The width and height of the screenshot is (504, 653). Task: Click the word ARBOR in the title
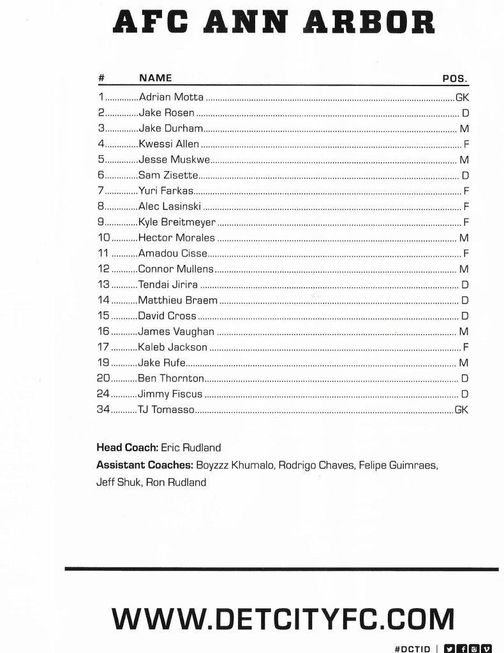tap(369, 22)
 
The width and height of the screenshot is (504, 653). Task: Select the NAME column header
tap(156, 78)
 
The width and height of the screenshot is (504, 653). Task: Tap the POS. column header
tap(455, 79)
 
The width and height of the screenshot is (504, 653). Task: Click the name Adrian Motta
tap(171, 98)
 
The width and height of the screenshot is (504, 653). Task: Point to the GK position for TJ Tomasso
tap(461, 410)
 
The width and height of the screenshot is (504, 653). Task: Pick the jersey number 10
tap(103, 238)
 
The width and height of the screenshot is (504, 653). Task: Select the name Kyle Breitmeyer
tap(177, 223)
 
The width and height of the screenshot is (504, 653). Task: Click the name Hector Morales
tap(177, 238)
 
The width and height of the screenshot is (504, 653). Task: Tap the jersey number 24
tap(103, 394)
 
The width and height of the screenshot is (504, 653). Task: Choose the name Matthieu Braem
tap(177, 300)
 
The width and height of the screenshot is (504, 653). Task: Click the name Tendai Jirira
tap(168, 285)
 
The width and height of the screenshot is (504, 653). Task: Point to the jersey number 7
tap(101, 191)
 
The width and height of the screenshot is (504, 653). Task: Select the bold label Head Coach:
tap(127, 448)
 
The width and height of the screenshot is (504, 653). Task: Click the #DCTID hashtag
tap(412, 649)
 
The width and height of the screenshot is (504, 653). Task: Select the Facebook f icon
tap(461, 648)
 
